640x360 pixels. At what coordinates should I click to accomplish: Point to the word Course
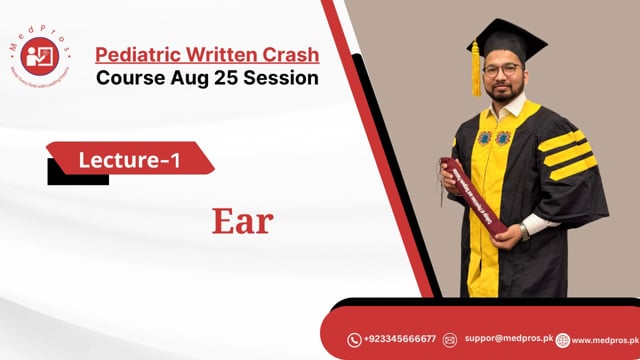tap(131, 77)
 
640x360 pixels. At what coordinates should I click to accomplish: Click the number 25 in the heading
tap(219, 77)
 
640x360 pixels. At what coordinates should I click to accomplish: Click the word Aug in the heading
tap(184, 77)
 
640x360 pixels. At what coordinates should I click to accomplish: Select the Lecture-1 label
tap(130, 158)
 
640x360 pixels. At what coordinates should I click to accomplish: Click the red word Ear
tap(242, 221)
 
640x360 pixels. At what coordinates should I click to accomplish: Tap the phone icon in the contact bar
tap(354, 340)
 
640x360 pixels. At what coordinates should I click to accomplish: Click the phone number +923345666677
tap(400, 340)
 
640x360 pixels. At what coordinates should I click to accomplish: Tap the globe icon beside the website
tap(563, 340)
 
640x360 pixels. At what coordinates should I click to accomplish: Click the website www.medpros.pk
tap(602, 340)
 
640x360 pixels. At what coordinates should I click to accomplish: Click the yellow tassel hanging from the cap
tap(476, 71)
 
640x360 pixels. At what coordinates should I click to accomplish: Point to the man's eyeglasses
tap(509, 71)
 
